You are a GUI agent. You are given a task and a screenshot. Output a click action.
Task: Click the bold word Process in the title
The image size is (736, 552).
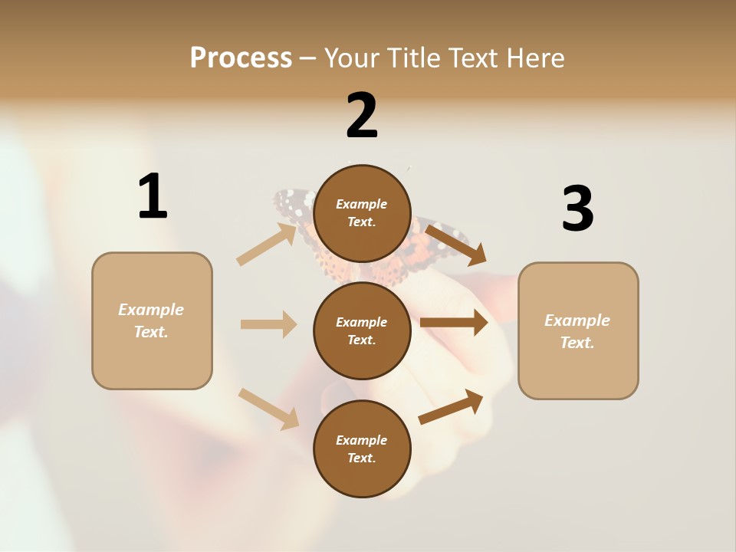coord(241,58)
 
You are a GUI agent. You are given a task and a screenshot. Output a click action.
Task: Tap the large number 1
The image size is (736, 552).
coord(153,196)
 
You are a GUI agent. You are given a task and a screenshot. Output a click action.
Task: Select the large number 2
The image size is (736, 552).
coord(362,116)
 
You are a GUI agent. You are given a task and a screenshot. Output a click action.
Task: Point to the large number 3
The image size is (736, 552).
coord(577,209)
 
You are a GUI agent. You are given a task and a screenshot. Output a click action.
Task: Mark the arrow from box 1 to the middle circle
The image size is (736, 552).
coord(268,324)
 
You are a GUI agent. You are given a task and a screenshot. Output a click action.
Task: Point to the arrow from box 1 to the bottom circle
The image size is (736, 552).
coord(268,408)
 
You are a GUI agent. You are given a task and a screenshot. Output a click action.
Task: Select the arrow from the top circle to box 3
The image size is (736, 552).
coord(456,244)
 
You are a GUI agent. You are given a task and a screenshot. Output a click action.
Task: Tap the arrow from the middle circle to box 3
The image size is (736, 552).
coord(454,323)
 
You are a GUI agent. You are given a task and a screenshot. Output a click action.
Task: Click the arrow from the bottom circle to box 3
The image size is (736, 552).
coord(451,406)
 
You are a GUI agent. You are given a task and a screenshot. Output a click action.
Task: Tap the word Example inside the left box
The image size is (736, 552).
coord(151,310)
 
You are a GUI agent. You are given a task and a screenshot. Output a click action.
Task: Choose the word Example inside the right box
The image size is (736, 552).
coord(577,320)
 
